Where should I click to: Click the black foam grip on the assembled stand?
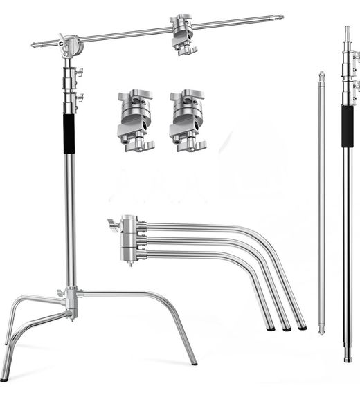point(69,133)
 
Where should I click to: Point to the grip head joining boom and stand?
point(69,46)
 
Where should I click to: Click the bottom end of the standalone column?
point(348,358)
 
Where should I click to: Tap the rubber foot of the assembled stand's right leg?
point(194,362)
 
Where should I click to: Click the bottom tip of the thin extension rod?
point(321,331)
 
